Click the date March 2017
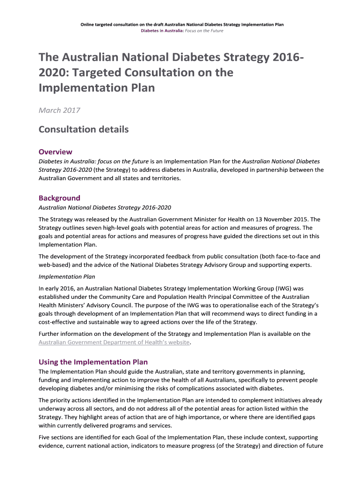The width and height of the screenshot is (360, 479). (x=59, y=110)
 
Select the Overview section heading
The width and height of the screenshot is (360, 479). (x=55, y=152)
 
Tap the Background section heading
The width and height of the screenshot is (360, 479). (x=59, y=198)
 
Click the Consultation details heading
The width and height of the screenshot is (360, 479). (x=84, y=129)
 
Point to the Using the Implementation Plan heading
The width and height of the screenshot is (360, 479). (x=93, y=362)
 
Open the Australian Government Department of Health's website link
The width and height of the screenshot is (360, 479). (x=114, y=342)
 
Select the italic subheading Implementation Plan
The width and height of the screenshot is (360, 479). (x=66, y=276)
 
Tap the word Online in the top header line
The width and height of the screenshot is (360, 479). (x=87, y=24)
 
